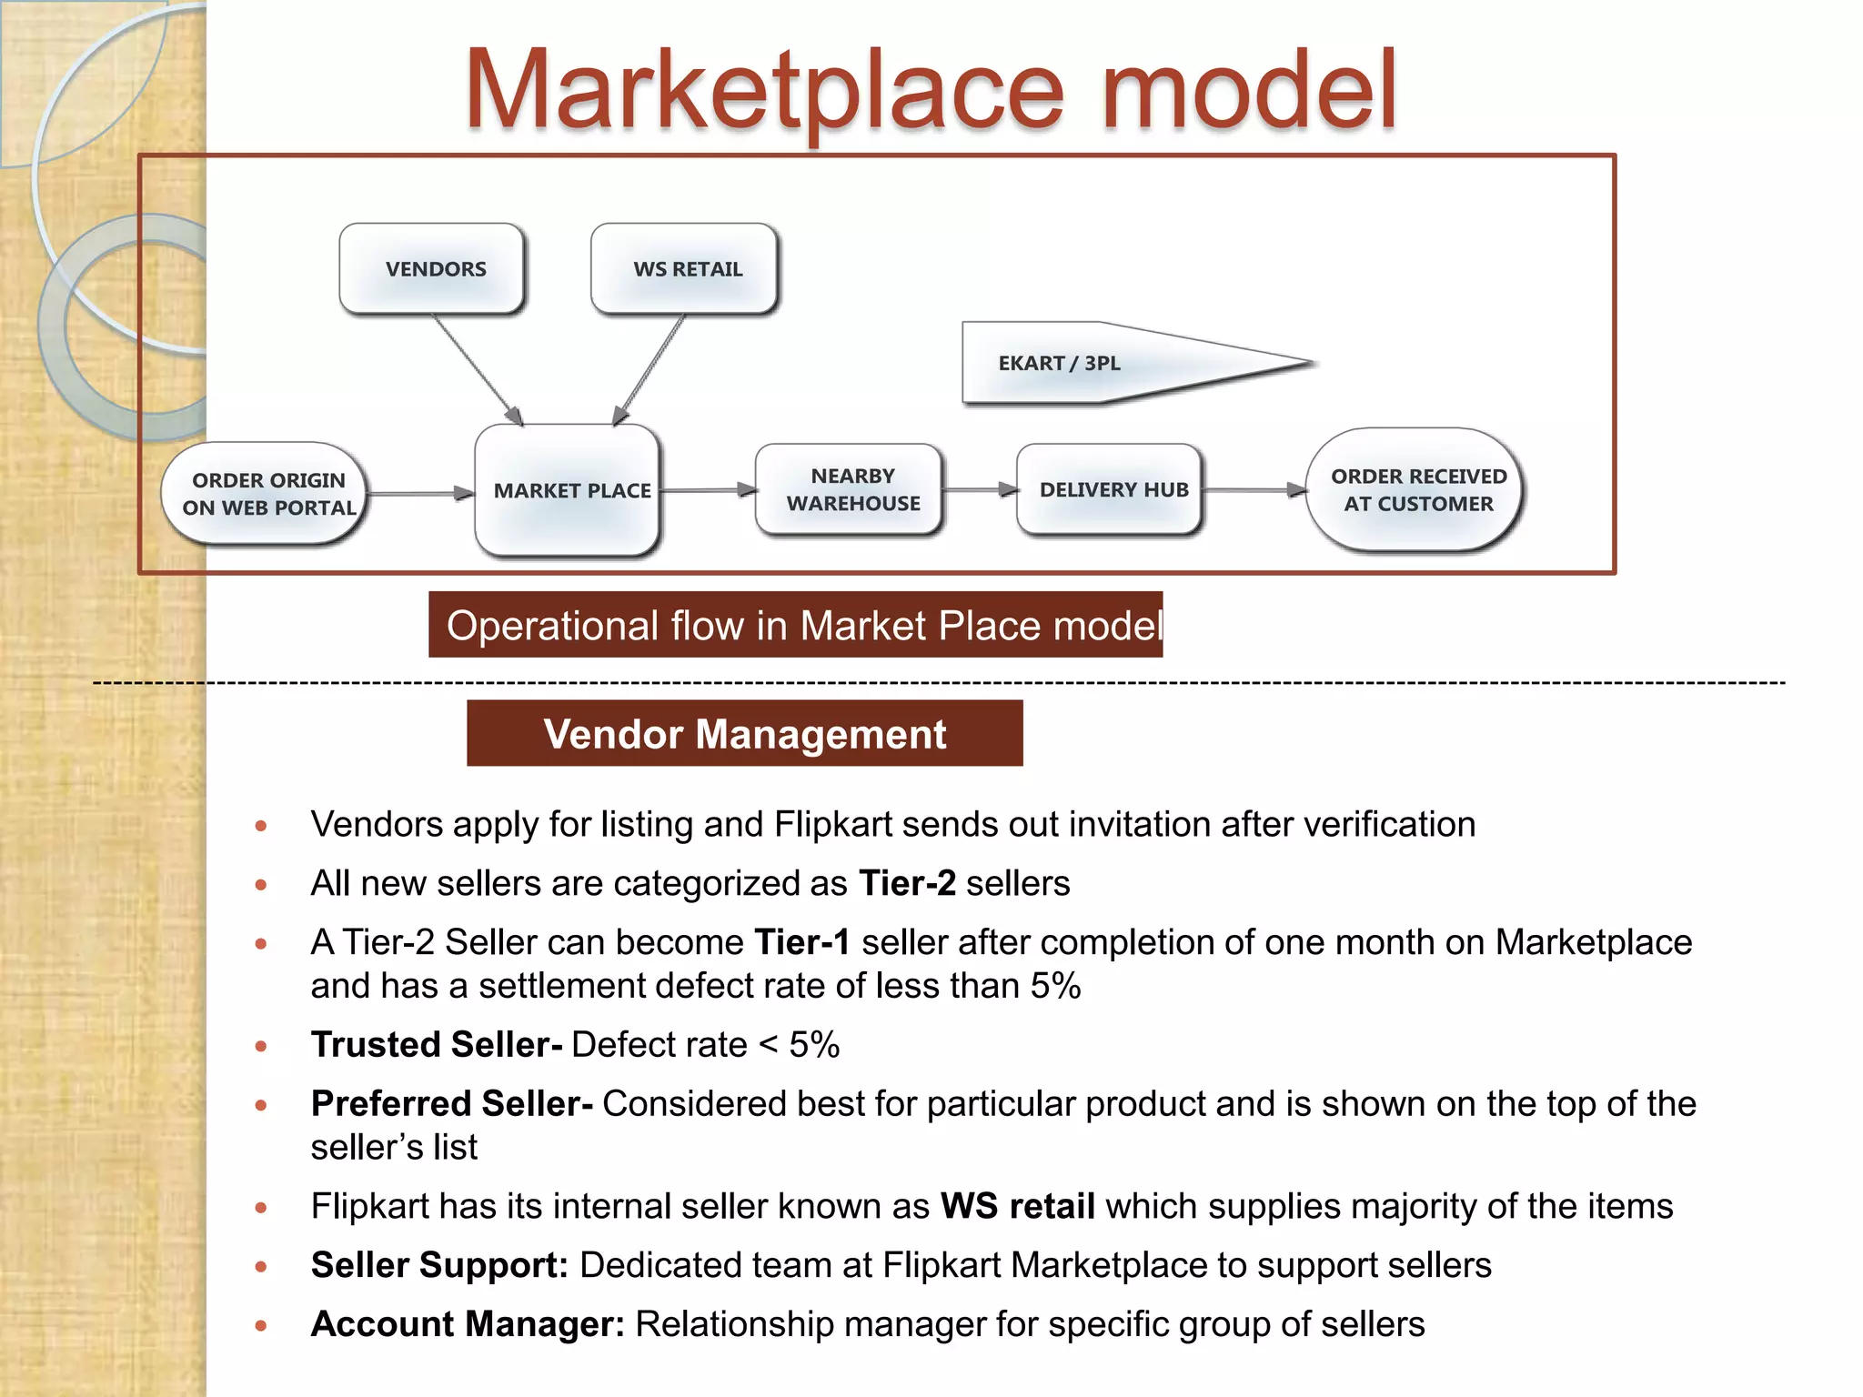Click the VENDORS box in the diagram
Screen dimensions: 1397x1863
pyautogui.click(x=433, y=269)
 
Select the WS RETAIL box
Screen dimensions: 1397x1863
pyautogui.click(x=685, y=269)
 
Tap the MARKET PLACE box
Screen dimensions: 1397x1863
pyautogui.click(x=569, y=490)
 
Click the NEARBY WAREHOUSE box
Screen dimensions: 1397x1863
pyautogui.click(x=851, y=490)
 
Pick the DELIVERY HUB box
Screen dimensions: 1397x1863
pyautogui.click(x=1111, y=490)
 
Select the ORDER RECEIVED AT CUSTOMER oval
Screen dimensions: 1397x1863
pyautogui.click(x=1415, y=490)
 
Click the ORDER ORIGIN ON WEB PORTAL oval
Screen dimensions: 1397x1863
pyautogui.click(x=266, y=494)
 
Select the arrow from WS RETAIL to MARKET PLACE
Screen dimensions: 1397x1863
pyautogui.click(x=650, y=369)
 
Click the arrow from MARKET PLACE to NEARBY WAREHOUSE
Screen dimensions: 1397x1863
pyautogui.click(x=708, y=490)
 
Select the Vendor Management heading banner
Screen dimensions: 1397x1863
pyautogui.click(x=744, y=734)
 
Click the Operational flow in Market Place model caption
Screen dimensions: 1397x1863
pyautogui.click(x=796, y=626)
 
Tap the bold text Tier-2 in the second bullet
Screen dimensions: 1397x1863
pyautogui.click(x=907, y=883)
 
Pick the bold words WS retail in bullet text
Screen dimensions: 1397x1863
pyautogui.click(x=1017, y=1206)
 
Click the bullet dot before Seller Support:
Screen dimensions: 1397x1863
pyautogui.click(x=261, y=1266)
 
